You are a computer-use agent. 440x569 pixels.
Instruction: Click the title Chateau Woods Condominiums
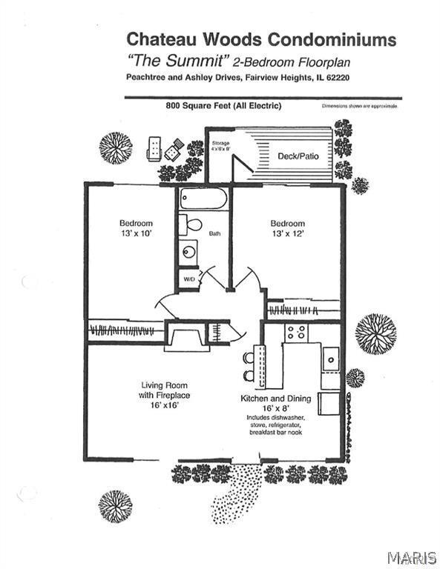pyautogui.click(x=261, y=39)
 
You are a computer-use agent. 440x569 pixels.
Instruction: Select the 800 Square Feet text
pyautogui.click(x=223, y=106)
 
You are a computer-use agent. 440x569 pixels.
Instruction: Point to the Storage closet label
pyautogui.click(x=220, y=145)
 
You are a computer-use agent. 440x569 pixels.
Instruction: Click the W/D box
pyautogui.click(x=188, y=280)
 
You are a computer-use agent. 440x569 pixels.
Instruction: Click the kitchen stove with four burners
pyautogui.click(x=296, y=333)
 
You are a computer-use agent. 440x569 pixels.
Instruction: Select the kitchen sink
pyautogui.click(x=331, y=359)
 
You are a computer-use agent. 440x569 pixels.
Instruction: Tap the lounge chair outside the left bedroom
pyautogui.click(x=154, y=148)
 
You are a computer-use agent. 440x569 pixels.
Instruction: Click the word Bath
pyautogui.click(x=214, y=233)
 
